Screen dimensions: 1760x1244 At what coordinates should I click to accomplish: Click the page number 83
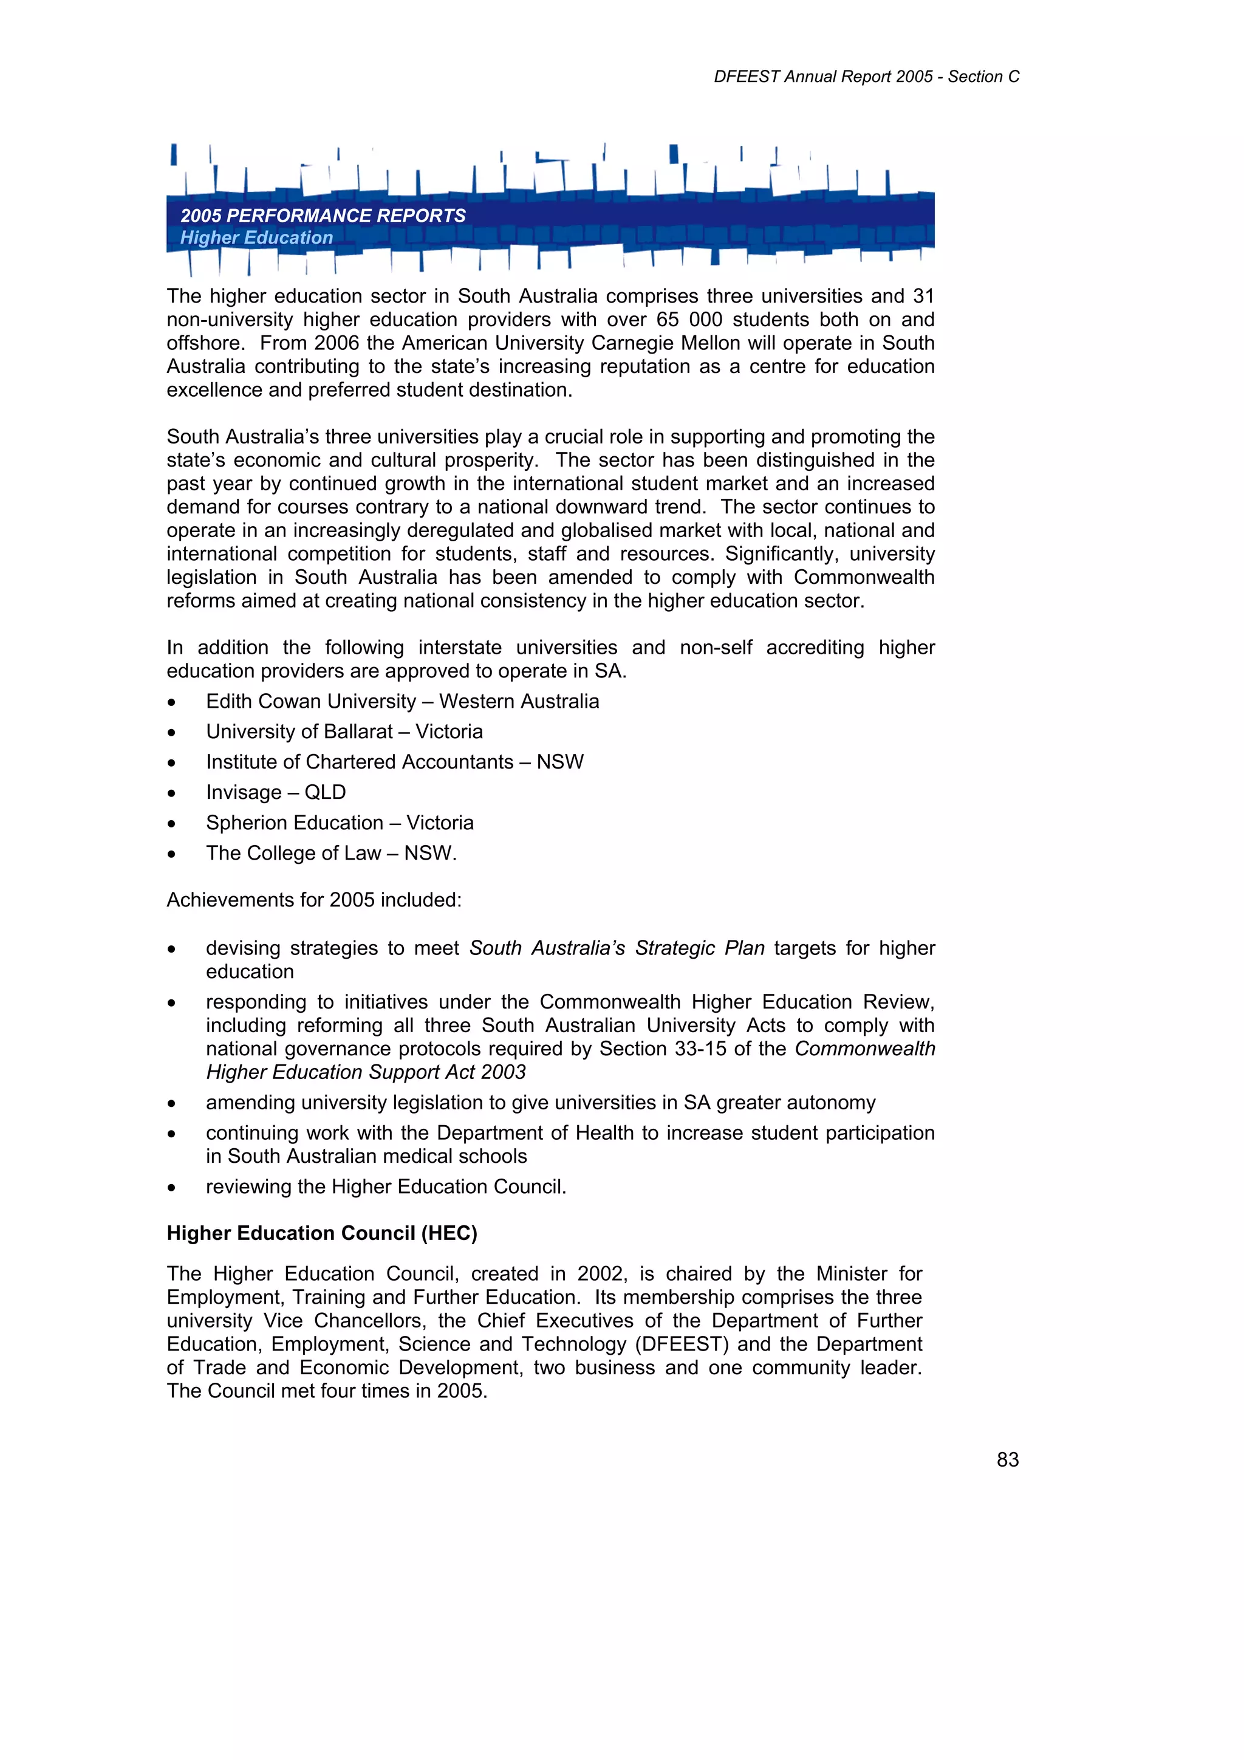1007,1459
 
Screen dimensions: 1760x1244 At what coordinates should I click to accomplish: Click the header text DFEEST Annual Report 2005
823,77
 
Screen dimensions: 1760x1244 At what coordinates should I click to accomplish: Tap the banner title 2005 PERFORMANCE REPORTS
323,216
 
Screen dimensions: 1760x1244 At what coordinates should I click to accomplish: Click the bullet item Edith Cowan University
310,702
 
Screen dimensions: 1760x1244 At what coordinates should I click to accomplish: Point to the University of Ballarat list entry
299,732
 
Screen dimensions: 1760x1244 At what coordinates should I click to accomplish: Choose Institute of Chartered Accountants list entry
360,762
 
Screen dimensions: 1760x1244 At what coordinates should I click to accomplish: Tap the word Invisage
244,793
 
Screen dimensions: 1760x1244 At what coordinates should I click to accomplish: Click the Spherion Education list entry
295,823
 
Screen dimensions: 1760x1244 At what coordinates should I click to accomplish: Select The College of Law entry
293,853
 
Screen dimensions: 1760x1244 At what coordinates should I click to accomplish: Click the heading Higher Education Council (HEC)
322,1233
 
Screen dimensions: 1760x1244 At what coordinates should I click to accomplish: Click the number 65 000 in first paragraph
689,320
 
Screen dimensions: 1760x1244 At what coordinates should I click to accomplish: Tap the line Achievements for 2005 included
314,900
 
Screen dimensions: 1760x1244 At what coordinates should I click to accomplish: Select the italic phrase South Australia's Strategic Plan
617,948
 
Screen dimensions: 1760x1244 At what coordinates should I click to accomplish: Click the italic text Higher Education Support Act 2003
366,1072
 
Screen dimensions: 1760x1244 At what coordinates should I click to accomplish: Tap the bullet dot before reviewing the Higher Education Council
172,1187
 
